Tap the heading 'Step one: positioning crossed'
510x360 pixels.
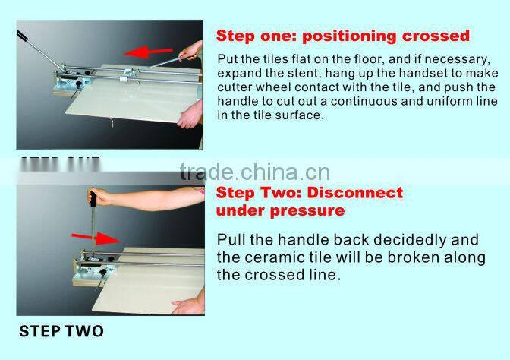(x=343, y=36)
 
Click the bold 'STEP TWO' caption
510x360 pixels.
(x=61, y=331)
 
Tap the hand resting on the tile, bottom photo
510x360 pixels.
(x=188, y=307)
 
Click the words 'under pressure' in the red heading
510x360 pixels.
(x=281, y=210)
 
